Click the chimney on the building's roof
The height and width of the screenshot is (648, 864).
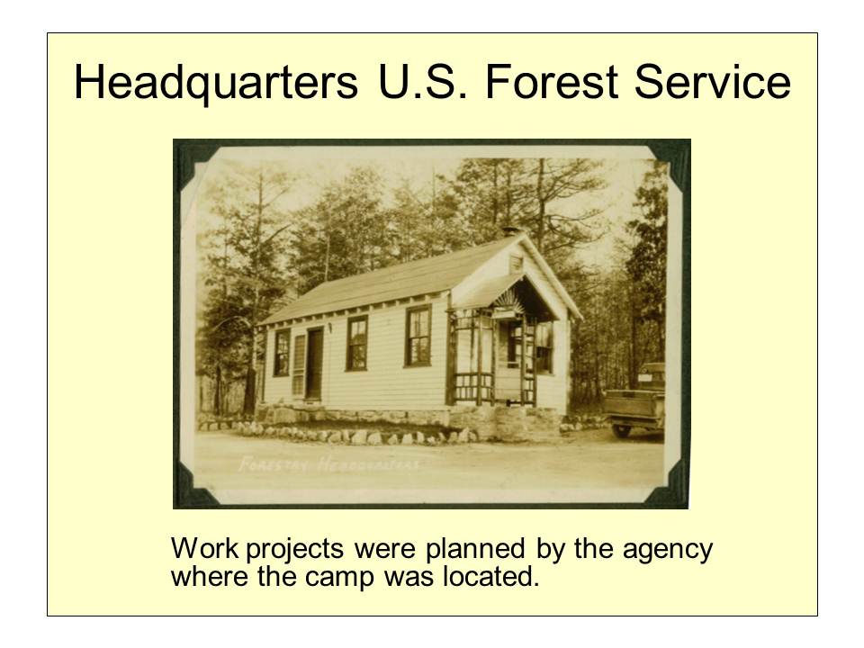tap(509, 231)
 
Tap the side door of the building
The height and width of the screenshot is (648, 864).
tap(314, 364)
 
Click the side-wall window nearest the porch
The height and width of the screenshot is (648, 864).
tap(418, 335)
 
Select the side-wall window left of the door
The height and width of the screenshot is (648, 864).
tap(282, 352)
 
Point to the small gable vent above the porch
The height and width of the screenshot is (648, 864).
tap(516, 264)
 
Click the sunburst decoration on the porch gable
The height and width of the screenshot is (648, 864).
tap(506, 300)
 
